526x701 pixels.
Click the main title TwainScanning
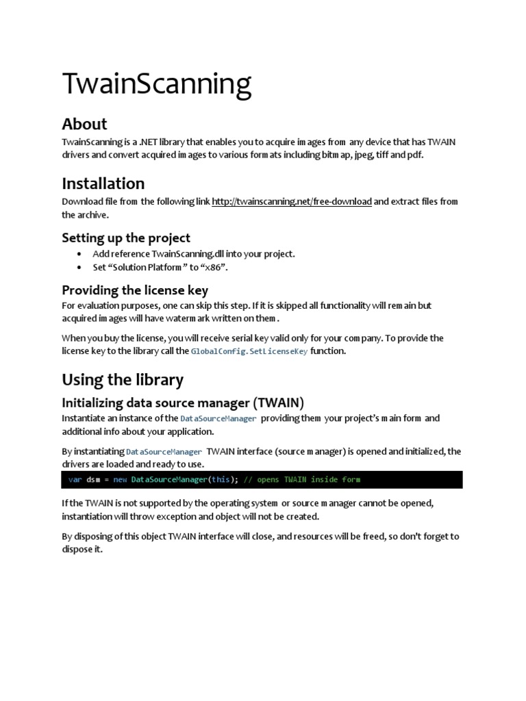click(x=157, y=84)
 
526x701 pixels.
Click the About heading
click(x=84, y=124)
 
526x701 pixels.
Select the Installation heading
click(x=103, y=183)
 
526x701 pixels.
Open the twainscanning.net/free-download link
click(x=292, y=201)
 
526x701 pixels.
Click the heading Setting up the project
click(x=126, y=238)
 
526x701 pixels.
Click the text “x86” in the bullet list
click(x=214, y=268)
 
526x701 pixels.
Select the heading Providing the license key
click(x=135, y=290)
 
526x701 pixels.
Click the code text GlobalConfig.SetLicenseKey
click(x=249, y=351)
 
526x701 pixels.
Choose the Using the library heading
click(x=123, y=380)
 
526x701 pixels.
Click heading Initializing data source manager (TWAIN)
click(x=183, y=403)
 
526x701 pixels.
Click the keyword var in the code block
click(x=75, y=480)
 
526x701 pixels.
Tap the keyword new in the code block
click(x=121, y=480)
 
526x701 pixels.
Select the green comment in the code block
click(x=302, y=480)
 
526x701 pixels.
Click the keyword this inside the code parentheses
click(x=221, y=480)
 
